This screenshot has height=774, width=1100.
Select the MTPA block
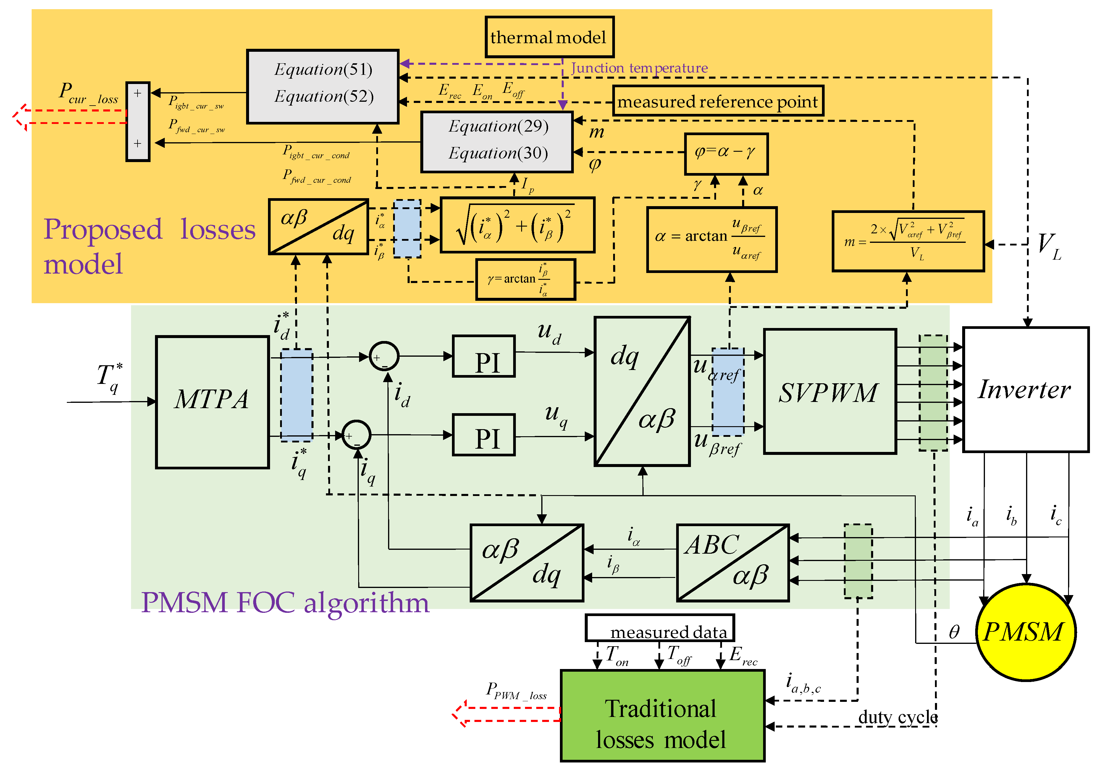click(x=212, y=401)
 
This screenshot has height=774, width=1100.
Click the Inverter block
click(x=1025, y=390)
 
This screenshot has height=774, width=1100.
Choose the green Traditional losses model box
click(x=662, y=715)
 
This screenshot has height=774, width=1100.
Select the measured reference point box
click(x=717, y=101)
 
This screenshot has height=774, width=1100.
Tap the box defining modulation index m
click(x=907, y=241)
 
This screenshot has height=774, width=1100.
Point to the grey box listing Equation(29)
click(x=497, y=142)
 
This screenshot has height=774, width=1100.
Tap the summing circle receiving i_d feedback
click(x=384, y=356)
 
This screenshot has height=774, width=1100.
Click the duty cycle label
click(x=897, y=717)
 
